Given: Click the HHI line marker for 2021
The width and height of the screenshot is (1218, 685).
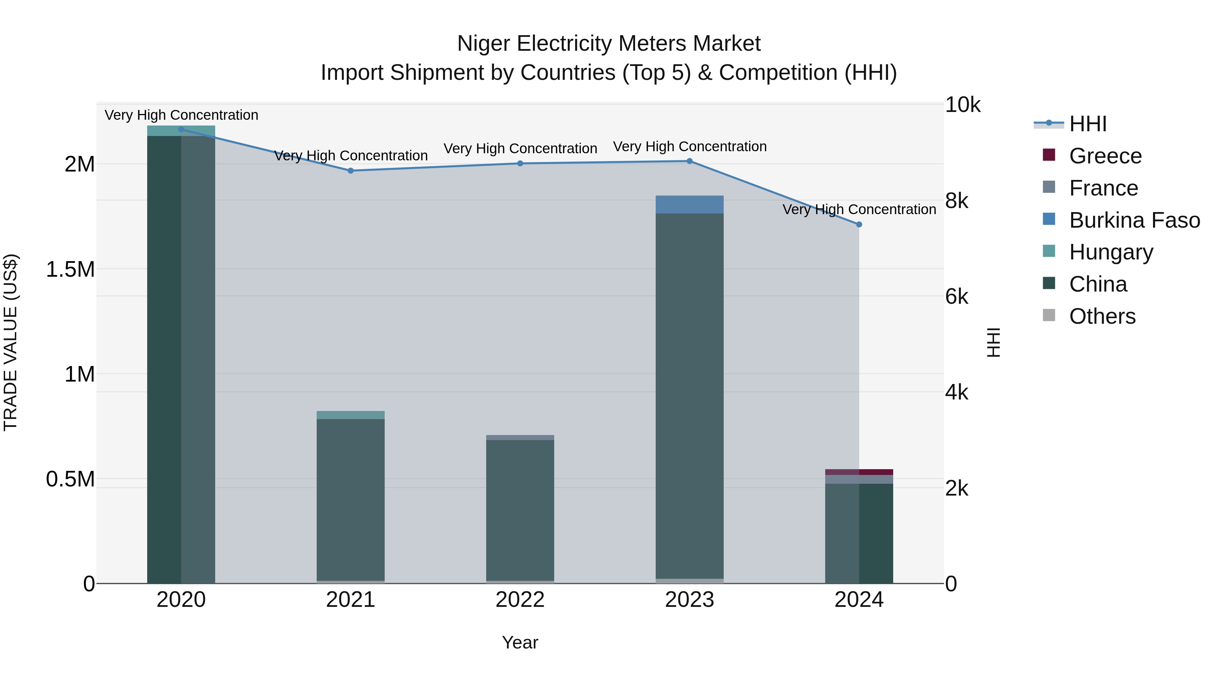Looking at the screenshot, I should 351,171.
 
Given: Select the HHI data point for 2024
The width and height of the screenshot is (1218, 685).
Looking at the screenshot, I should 859,225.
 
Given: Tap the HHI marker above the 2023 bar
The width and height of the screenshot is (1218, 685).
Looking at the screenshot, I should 690,161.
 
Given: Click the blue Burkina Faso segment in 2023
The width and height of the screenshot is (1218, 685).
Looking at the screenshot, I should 690,204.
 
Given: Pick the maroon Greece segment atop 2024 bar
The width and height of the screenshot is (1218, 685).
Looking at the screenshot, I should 859,472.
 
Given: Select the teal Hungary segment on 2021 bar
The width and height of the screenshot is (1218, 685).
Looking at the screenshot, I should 351,415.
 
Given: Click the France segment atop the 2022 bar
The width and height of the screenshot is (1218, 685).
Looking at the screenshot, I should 520,437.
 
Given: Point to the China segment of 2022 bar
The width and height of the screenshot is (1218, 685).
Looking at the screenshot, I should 520,510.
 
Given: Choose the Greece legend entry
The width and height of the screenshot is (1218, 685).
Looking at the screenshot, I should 1105,156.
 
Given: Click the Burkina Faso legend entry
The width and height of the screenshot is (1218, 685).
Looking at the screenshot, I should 1134,220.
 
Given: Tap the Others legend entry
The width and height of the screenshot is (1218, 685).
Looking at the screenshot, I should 1102,316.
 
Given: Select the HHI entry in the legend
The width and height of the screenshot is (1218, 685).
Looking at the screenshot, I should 1087,124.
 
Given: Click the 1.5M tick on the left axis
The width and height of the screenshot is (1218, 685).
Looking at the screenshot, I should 70,270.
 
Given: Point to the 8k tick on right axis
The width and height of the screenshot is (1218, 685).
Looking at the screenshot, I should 956,201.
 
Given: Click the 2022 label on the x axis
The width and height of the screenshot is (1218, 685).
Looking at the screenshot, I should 520,600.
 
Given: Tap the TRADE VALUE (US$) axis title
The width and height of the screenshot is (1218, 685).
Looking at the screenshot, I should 10,342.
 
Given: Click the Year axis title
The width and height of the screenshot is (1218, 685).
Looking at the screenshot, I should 520,642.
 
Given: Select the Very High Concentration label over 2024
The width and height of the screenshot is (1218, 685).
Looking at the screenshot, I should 859,209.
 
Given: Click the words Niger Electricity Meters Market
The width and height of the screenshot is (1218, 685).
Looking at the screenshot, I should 609,44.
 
